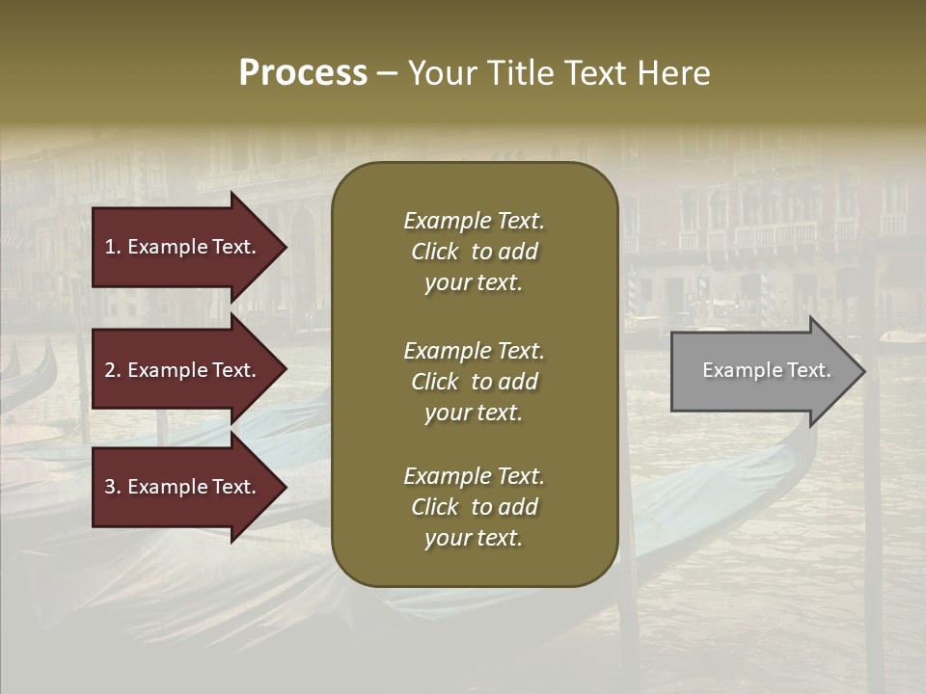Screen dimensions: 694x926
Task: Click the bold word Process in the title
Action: (x=303, y=73)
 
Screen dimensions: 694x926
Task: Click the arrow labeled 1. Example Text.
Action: (x=183, y=247)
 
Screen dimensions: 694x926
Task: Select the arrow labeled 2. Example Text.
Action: (x=183, y=370)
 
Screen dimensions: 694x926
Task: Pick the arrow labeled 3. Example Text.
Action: (x=183, y=487)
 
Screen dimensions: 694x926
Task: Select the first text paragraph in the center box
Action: (x=474, y=252)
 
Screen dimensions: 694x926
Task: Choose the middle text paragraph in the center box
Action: (x=474, y=381)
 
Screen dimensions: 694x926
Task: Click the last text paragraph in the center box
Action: (x=474, y=507)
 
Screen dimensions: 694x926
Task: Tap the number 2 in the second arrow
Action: (x=110, y=370)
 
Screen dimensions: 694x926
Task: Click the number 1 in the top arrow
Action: (x=110, y=247)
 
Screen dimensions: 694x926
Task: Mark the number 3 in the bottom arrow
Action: (x=110, y=487)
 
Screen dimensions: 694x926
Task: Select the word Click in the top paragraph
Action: (x=434, y=252)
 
